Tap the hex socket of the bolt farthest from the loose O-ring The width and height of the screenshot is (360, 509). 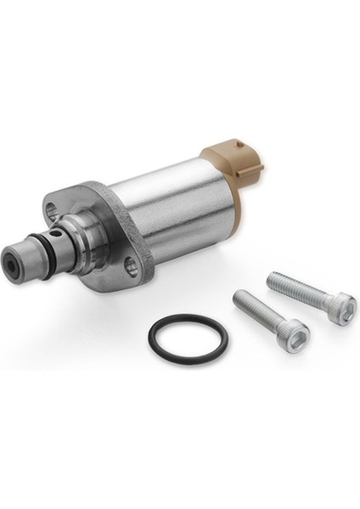point(341,305)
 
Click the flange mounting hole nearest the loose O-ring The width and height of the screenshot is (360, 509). point(131,267)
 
